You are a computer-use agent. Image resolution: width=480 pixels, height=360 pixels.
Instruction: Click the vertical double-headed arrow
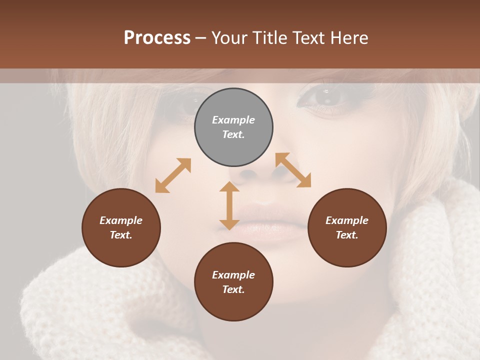(x=229, y=205)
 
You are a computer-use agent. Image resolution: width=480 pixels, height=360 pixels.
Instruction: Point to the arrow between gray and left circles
(x=173, y=175)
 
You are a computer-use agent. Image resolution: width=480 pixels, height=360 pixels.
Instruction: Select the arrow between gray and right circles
(x=293, y=170)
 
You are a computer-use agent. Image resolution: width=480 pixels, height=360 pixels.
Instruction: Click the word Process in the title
(x=157, y=37)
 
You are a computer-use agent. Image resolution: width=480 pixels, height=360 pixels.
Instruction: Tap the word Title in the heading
(x=270, y=37)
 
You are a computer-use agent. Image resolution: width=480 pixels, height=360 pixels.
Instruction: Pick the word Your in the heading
(x=229, y=37)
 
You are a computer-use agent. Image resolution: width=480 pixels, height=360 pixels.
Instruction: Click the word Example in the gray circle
(x=233, y=120)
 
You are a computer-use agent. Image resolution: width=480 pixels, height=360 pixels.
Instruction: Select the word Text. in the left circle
(x=121, y=235)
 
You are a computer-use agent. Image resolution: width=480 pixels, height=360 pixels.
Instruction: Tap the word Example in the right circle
(x=347, y=220)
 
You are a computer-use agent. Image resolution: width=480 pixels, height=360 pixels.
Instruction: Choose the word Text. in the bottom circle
(x=233, y=289)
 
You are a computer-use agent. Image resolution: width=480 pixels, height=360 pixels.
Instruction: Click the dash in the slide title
(x=201, y=38)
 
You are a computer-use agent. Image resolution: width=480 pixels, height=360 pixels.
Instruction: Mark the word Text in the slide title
(x=308, y=37)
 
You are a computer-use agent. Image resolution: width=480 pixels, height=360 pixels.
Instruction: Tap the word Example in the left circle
(x=121, y=220)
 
